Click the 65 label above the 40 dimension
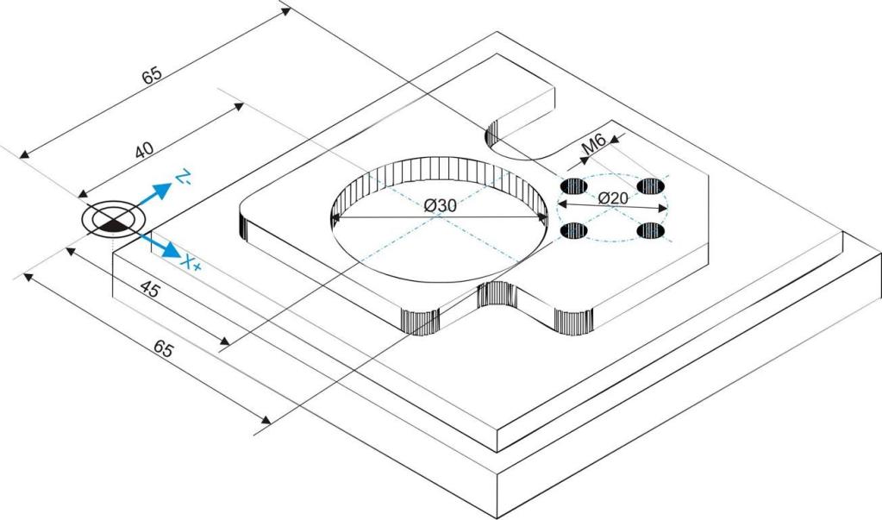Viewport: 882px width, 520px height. point(152,75)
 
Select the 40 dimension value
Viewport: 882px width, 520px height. point(144,150)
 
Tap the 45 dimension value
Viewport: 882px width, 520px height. point(150,290)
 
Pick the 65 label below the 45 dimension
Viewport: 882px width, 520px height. point(163,349)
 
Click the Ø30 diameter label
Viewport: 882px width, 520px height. point(441,206)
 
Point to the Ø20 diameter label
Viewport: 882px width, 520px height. point(612,198)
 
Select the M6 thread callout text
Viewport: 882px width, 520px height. point(593,145)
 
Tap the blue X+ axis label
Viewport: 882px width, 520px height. point(191,263)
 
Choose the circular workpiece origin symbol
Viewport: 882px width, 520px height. point(112,220)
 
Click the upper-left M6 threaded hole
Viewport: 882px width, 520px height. point(573,185)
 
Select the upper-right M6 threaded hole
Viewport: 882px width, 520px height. point(651,185)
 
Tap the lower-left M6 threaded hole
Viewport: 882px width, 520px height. point(573,230)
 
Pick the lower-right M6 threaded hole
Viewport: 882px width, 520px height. point(651,230)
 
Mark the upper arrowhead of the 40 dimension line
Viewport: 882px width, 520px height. point(239,106)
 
